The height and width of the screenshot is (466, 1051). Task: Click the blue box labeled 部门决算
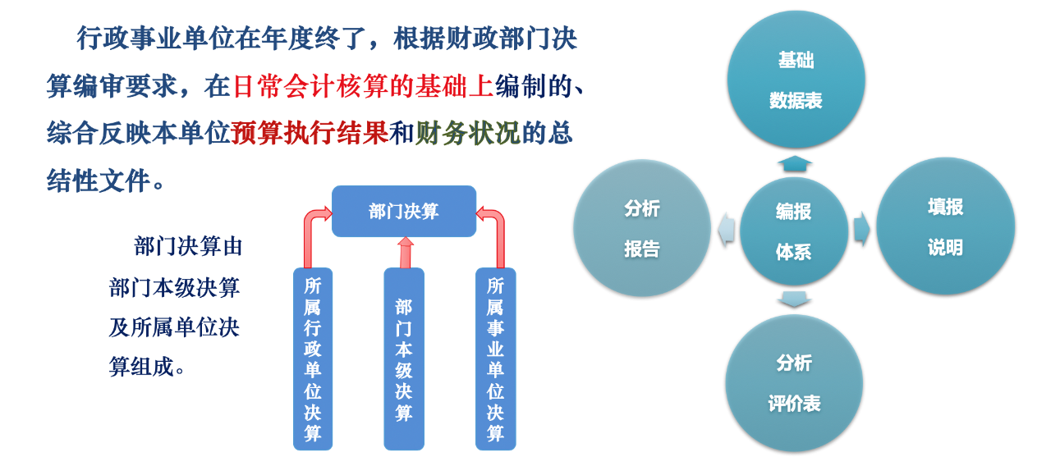click(x=404, y=211)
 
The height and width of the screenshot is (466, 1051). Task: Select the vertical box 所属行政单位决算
click(x=313, y=359)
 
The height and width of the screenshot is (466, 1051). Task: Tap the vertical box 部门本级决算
click(x=404, y=359)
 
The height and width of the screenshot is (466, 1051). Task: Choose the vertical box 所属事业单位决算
click(x=495, y=359)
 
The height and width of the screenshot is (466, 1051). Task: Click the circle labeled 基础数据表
click(x=796, y=80)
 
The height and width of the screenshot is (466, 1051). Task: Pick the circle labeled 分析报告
click(x=642, y=228)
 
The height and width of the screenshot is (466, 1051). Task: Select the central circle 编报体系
click(x=794, y=231)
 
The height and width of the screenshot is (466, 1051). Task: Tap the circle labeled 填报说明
click(x=945, y=226)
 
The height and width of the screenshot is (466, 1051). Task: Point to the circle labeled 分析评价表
click(x=794, y=383)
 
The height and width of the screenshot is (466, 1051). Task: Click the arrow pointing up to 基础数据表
click(x=795, y=163)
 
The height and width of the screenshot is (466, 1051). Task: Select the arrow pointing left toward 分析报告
click(x=727, y=229)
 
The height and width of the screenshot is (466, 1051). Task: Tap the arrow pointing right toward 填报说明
click(x=861, y=229)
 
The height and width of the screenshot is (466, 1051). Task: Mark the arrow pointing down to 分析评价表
click(x=794, y=299)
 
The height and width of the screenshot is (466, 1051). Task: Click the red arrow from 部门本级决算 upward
click(x=406, y=252)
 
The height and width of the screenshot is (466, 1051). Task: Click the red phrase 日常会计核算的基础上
click(x=362, y=86)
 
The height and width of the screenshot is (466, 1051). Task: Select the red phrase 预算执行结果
click(x=310, y=133)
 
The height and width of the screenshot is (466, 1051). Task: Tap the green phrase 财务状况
click(x=468, y=133)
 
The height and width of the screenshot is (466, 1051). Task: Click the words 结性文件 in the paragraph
click(x=98, y=180)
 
